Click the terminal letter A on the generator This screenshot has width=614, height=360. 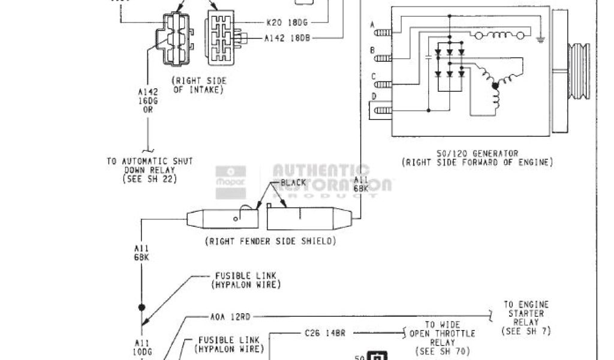point(373,25)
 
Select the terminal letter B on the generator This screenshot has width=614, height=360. point(373,50)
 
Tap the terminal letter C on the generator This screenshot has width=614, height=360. point(373,76)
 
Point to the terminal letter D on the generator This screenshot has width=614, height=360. point(373,97)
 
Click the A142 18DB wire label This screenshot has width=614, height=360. point(287,37)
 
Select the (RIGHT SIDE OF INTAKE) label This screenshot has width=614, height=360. point(197,85)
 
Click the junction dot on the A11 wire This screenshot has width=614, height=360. point(142,307)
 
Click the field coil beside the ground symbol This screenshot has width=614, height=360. point(508,35)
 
